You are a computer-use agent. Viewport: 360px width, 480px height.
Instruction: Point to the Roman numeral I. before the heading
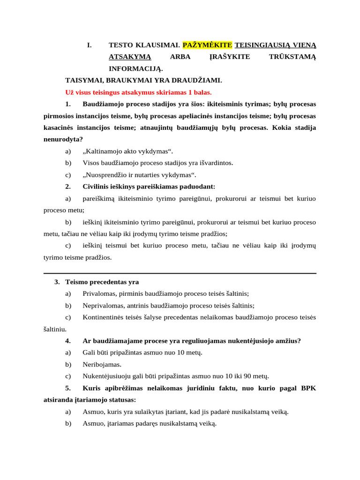[90, 45]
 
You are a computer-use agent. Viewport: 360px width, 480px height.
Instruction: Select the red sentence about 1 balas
[139, 92]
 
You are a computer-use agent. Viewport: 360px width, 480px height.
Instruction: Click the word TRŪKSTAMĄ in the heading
[292, 57]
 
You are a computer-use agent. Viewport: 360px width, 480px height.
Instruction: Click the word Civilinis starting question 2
[97, 187]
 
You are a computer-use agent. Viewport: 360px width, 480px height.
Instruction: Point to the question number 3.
[57, 282]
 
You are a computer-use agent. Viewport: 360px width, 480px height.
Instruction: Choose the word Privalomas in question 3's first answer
[98, 293]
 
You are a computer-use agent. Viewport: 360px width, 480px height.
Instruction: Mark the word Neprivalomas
[102, 306]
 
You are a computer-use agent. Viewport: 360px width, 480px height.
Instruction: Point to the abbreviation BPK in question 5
[308, 388]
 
